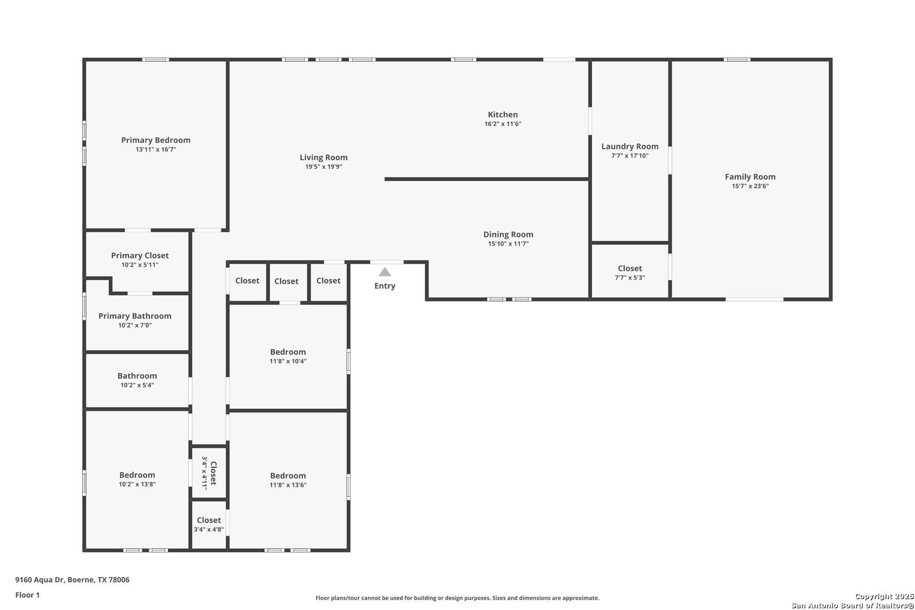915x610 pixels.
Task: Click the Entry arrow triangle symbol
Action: tap(385, 272)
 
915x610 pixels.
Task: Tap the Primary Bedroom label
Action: tap(156, 140)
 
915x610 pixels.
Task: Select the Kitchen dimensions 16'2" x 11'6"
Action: tap(503, 124)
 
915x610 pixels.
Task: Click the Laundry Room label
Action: tap(630, 146)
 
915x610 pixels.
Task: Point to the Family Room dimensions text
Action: tap(750, 186)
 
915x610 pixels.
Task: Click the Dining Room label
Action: tap(508, 234)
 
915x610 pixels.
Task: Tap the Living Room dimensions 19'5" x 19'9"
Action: tap(324, 167)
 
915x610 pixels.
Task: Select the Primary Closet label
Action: tap(140, 256)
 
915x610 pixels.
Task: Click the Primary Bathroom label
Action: tap(135, 316)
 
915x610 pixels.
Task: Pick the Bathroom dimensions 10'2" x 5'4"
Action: tap(137, 385)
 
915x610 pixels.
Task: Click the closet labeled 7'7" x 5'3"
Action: tap(630, 272)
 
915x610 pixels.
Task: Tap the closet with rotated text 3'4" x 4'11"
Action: tap(209, 473)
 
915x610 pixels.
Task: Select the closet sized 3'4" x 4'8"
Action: tap(209, 524)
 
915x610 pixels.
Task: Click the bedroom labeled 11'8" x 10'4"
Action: tap(288, 356)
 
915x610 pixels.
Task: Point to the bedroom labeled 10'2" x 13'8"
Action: tap(137, 479)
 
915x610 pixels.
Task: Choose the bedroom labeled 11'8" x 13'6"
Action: tap(288, 480)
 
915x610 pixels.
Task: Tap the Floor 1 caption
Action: tap(27, 595)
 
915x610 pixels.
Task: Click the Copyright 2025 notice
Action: tap(884, 596)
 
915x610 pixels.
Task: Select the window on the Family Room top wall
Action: tap(737, 60)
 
